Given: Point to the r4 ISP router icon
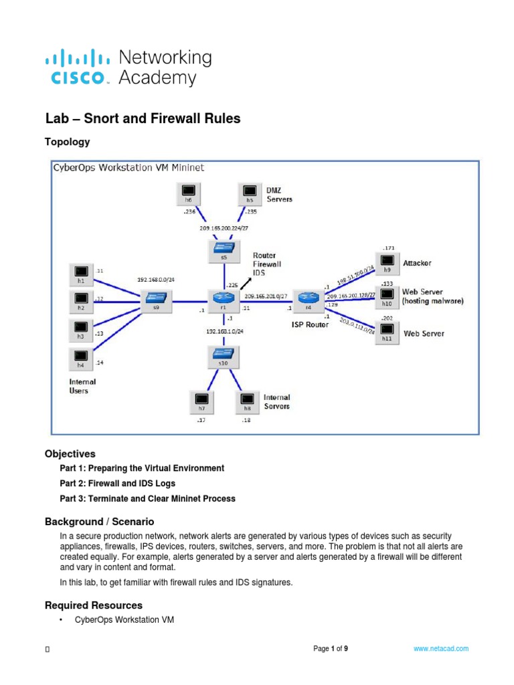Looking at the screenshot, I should [x=308, y=299].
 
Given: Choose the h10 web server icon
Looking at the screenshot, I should [x=387, y=294].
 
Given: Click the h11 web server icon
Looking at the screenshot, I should [x=387, y=330].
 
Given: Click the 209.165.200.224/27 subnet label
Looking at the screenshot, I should [x=222, y=228].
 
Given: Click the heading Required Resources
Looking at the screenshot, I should [x=93, y=605].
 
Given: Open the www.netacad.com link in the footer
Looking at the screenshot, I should [x=440, y=649].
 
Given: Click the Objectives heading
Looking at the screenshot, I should [x=70, y=453].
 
